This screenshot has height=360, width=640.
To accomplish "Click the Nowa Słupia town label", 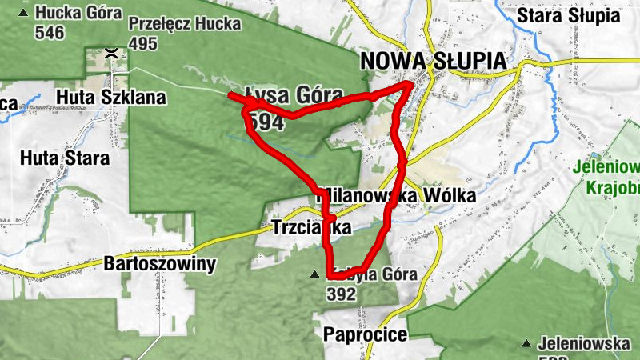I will [x=433, y=62].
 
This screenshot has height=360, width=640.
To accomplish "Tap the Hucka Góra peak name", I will [x=79, y=14].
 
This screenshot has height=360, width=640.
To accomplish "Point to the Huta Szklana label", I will [x=111, y=98].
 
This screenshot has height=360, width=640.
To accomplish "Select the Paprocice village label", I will [x=366, y=334].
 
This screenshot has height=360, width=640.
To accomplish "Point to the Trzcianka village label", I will [x=312, y=227].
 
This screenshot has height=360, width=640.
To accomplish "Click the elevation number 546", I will [x=49, y=32].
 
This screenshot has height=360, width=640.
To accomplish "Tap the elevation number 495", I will [x=142, y=43].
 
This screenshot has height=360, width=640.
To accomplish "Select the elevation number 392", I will [x=341, y=294].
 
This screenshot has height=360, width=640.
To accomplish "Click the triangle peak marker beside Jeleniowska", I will [x=526, y=344].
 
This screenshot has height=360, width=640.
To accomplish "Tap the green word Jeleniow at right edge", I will [x=606, y=168].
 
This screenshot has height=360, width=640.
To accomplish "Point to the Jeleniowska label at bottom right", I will [x=584, y=344].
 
